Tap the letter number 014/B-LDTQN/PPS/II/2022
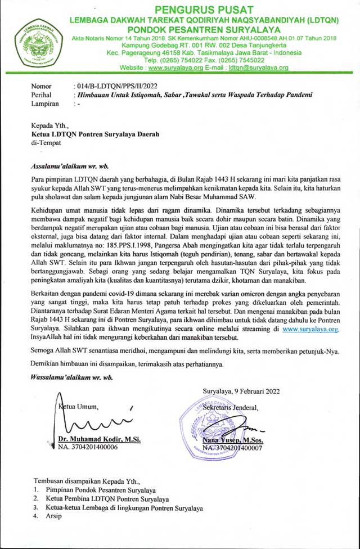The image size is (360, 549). point(115,86)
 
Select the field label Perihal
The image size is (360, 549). point(42,95)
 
